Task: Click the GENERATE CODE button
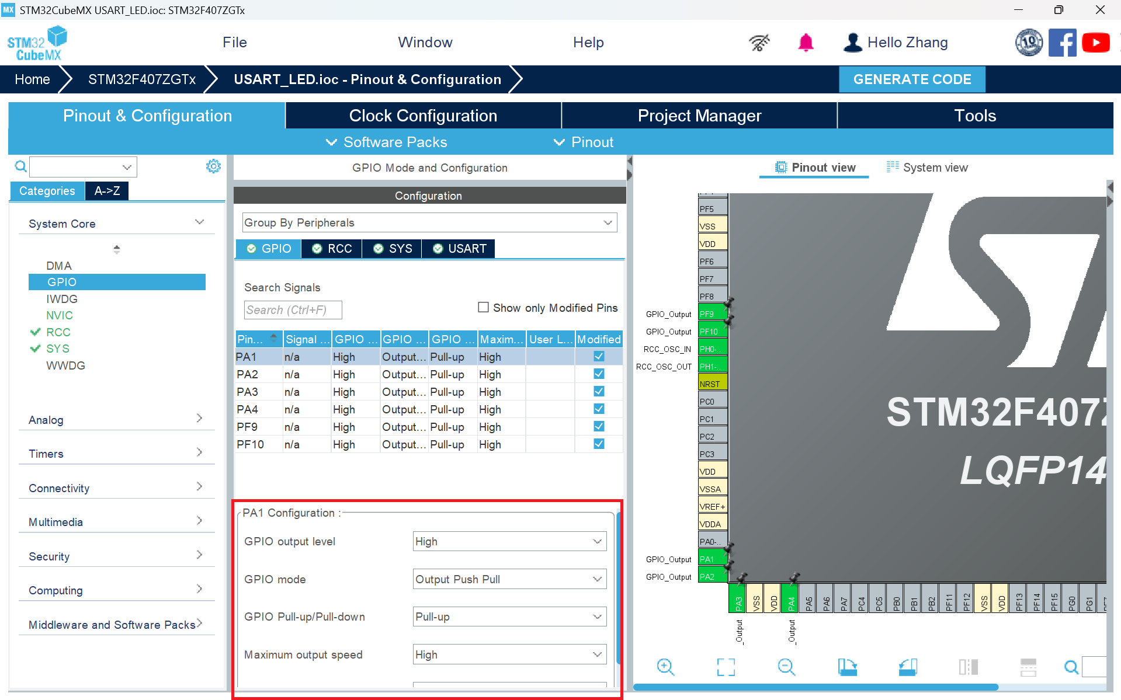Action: tap(911, 79)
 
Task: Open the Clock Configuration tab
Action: tap(423, 116)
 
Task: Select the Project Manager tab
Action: tap(699, 116)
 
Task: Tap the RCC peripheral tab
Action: tap(332, 249)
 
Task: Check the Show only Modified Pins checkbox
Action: tap(483, 308)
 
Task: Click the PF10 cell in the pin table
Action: tap(251, 444)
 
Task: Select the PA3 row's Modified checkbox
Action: tap(599, 392)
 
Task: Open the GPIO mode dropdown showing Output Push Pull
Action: tap(509, 579)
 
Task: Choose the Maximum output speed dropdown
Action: tap(509, 654)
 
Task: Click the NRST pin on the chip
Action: tap(712, 384)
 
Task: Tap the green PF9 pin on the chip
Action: tap(712, 314)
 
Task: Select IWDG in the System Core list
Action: tap(62, 299)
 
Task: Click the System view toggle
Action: tap(927, 168)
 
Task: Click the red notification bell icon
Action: tap(806, 43)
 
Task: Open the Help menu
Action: tap(588, 43)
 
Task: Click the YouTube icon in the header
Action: tap(1095, 43)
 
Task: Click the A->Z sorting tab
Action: tap(107, 191)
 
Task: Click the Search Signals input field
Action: tap(293, 310)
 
